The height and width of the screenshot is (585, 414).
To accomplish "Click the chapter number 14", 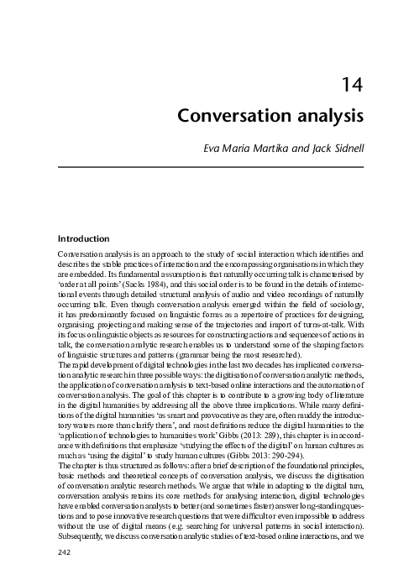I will [353, 84].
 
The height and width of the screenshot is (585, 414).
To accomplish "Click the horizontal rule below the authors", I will [210, 167].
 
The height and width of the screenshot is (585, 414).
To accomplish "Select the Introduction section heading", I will [83, 238].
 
